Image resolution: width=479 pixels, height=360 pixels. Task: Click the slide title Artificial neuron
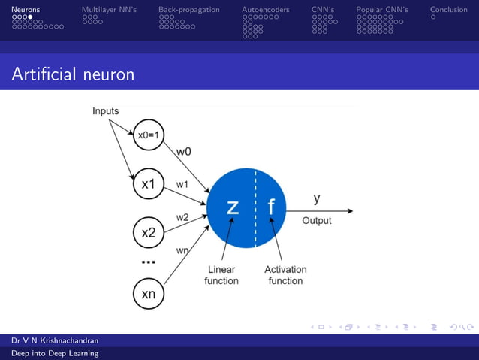click(73, 74)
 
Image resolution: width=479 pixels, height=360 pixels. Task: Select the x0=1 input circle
click(149, 136)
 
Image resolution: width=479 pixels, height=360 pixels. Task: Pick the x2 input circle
click(149, 232)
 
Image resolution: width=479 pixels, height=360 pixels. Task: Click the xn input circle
click(149, 294)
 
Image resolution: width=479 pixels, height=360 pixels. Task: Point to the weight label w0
click(183, 151)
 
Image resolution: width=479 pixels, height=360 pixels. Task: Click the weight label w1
click(182, 184)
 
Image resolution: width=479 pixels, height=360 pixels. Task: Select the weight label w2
click(182, 217)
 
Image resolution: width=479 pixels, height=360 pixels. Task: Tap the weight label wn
click(182, 250)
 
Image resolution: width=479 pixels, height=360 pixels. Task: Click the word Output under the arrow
click(316, 221)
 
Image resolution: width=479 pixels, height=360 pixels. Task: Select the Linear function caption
click(221, 275)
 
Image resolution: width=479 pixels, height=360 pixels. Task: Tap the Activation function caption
click(285, 275)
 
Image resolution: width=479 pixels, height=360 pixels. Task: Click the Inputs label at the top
click(105, 111)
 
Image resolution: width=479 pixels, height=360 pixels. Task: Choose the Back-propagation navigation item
click(188, 10)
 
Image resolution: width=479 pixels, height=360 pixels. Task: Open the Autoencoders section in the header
click(265, 10)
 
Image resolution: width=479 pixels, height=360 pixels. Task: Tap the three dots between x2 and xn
click(149, 262)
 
